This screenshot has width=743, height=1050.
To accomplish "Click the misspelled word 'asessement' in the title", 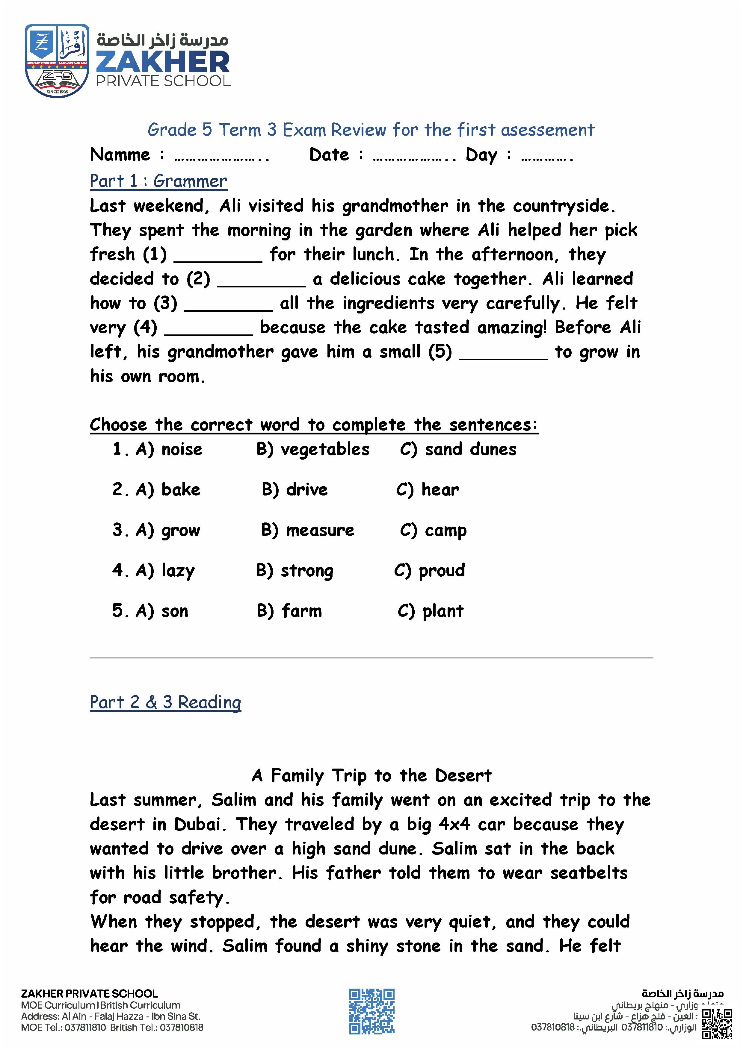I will click(548, 130).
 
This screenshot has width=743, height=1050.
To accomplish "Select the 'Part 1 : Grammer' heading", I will click(158, 181).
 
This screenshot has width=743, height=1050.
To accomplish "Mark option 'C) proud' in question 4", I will click(429, 571).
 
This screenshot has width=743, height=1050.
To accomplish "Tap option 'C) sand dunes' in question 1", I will click(458, 449).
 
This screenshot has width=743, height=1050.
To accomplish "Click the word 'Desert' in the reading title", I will click(463, 776).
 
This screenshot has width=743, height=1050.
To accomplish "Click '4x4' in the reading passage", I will click(454, 825).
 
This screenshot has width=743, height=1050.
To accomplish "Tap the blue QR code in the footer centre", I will click(371, 1011).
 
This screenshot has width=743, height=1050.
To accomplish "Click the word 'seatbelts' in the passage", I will click(588, 873).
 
